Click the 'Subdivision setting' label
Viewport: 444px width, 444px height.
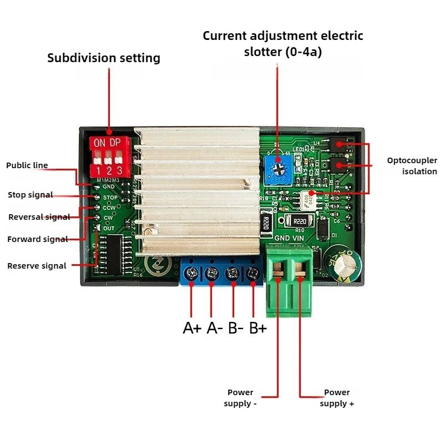[x=104, y=58]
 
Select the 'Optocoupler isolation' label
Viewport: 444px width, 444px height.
[x=412, y=166]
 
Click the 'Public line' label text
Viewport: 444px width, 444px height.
[x=27, y=165]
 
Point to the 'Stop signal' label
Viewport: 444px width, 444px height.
[x=31, y=195]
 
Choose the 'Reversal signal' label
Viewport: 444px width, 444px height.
[x=39, y=217]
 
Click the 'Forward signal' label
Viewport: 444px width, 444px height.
[x=37, y=239]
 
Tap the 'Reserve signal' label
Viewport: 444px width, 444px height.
[x=37, y=266]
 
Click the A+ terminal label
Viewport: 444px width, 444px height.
[x=192, y=328]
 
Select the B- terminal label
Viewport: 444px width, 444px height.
[x=236, y=328]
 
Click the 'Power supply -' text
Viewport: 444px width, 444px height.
[x=240, y=398]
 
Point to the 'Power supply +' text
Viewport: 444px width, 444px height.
[x=337, y=398]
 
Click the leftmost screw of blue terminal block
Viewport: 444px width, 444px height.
[x=192, y=273]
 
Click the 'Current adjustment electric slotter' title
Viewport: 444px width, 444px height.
[x=282, y=44]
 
